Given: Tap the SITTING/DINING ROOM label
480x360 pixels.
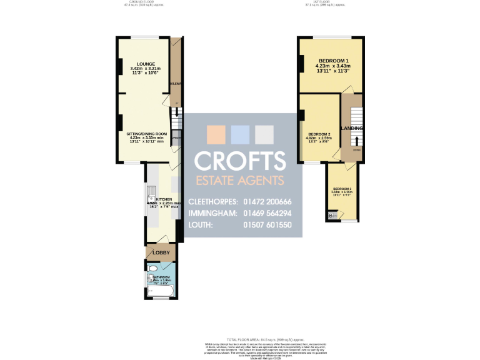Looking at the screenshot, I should click(x=146, y=134).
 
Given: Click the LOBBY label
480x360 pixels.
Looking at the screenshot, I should click(x=162, y=252).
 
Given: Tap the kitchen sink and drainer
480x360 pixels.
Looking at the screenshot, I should click(x=151, y=194).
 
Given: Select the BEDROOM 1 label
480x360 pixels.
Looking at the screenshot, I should click(x=332, y=61).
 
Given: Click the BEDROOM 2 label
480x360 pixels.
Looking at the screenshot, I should click(x=319, y=134).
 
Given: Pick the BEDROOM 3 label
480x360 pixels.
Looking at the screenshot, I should click(x=342, y=189).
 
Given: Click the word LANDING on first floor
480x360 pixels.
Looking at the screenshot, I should click(x=351, y=128).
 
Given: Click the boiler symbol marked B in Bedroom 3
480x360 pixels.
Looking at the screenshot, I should click(x=331, y=216).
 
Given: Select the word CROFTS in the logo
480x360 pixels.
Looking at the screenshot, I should click(x=240, y=161).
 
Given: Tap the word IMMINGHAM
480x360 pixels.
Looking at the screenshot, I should click(x=213, y=213).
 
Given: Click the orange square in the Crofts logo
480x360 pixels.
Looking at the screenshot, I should click(x=216, y=135).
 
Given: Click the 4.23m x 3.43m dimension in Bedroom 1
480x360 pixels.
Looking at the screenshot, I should click(x=332, y=66).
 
